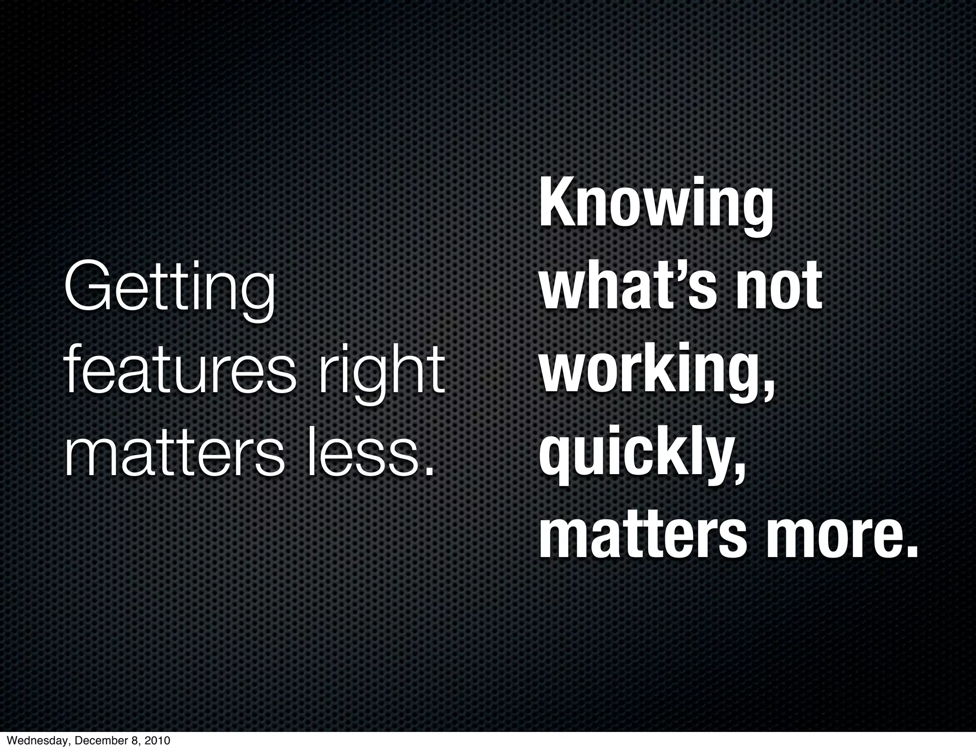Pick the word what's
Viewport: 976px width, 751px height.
(628, 289)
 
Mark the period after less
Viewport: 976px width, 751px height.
(430, 472)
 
